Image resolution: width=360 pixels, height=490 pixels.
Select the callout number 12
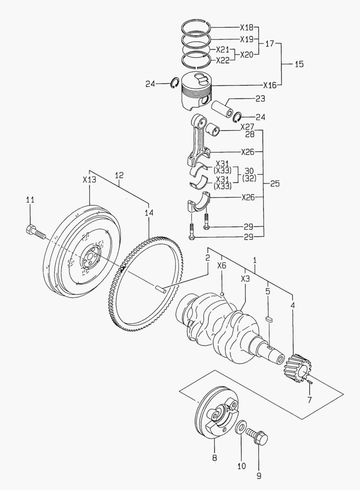[x=119, y=175]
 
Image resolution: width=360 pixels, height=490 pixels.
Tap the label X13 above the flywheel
[x=89, y=180]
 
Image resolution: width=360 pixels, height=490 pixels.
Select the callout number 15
[x=299, y=64]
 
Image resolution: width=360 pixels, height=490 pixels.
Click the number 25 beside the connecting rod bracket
[x=275, y=184]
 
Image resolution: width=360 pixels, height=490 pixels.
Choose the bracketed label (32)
[x=249, y=178]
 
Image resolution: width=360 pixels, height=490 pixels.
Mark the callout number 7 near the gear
[x=309, y=401]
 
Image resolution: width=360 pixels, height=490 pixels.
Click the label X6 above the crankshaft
[x=221, y=266]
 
